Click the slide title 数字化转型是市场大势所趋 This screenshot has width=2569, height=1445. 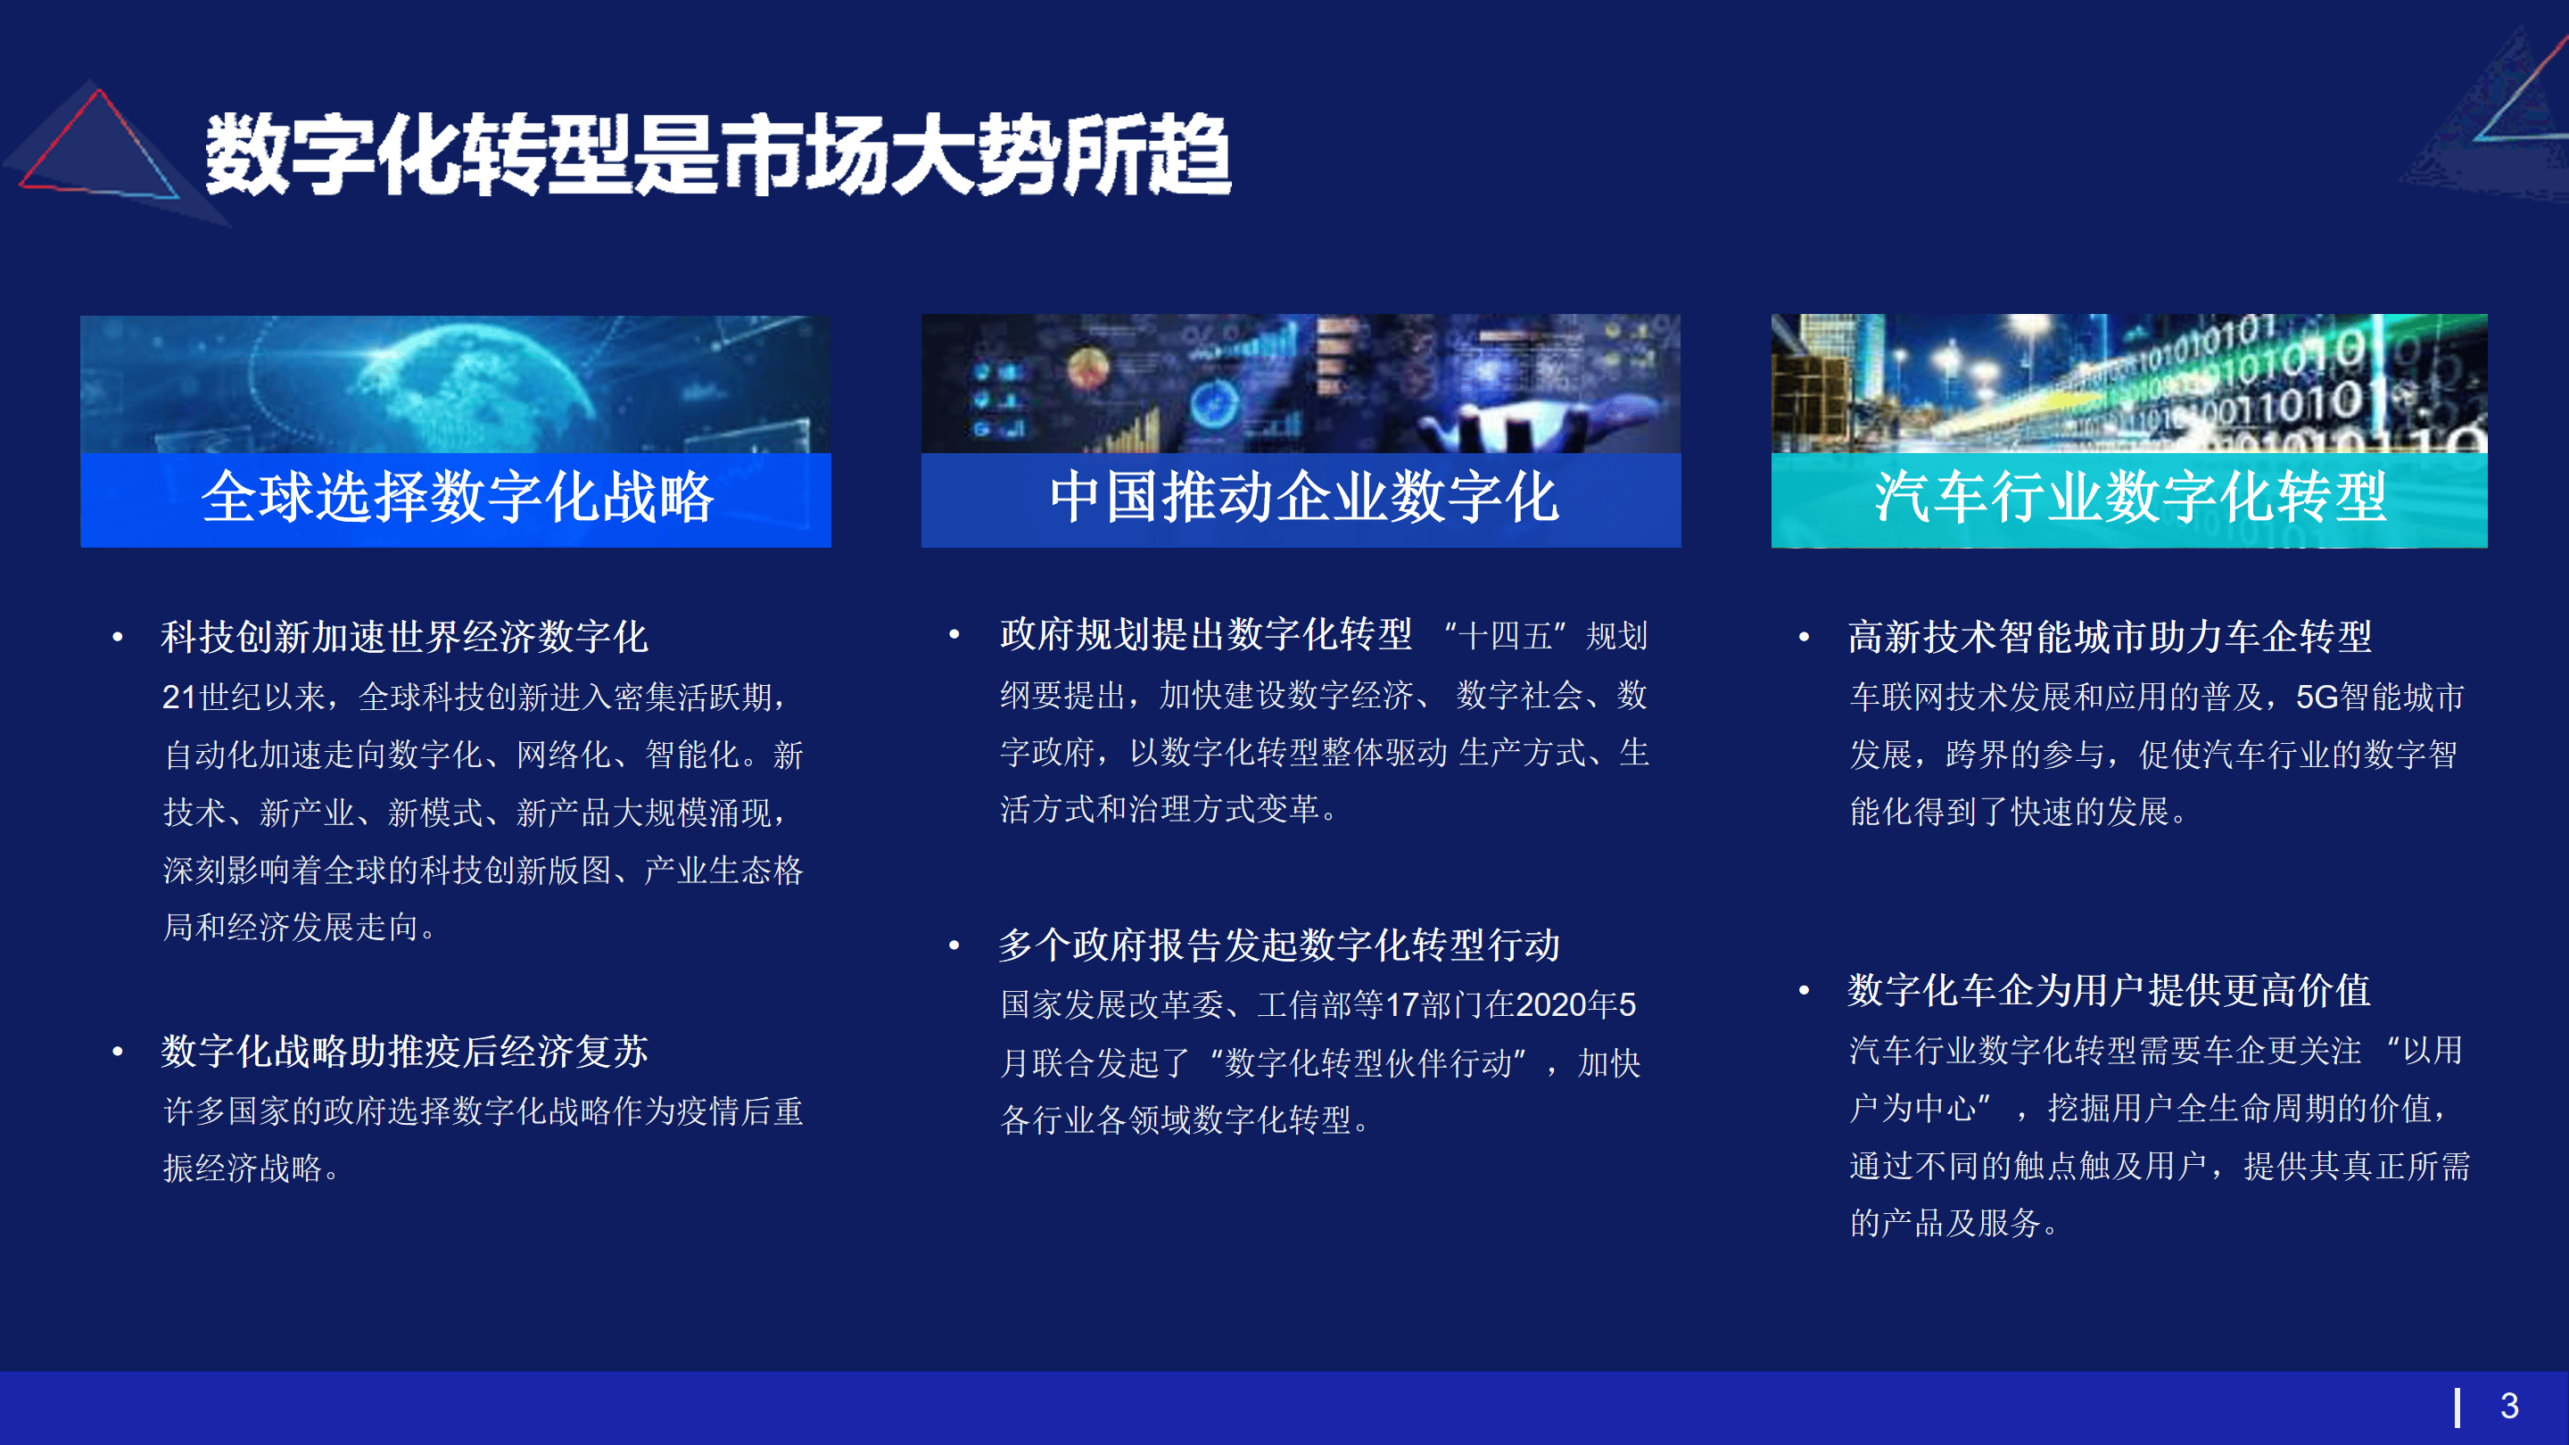[x=718, y=154]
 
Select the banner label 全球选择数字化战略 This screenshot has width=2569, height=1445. [x=457, y=497]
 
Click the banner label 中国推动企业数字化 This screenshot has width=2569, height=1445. [x=1302, y=497]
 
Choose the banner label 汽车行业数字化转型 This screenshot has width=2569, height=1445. [x=2130, y=497]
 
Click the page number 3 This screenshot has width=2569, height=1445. [x=2510, y=1406]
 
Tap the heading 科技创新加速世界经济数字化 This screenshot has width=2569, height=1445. [x=405, y=636]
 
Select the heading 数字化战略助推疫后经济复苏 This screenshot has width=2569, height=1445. [x=405, y=1051]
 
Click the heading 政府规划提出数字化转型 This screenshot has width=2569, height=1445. [x=1205, y=634]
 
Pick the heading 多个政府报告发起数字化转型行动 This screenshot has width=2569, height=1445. [x=1279, y=945]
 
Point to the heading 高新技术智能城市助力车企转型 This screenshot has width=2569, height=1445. [x=2110, y=636]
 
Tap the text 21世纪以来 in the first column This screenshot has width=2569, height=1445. [x=244, y=696]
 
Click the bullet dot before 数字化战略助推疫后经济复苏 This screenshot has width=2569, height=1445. [x=118, y=1051]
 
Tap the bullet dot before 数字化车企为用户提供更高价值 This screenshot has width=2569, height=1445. [x=1804, y=990]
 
